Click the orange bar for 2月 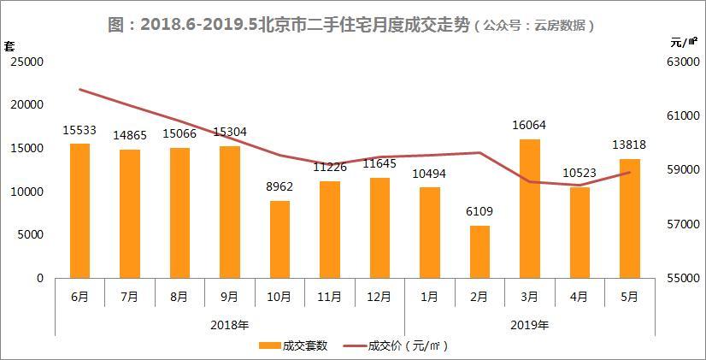(479, 252)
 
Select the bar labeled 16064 (529, 209)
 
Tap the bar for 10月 (279, 239)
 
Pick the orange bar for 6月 (79, 210)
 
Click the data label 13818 (628, 145)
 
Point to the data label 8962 (279, 187)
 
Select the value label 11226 (329, 168)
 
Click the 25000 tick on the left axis (27, 62)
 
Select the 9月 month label (229, 297)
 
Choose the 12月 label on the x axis (379, 297)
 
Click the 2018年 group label (229, 325)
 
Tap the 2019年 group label (529, 325)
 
